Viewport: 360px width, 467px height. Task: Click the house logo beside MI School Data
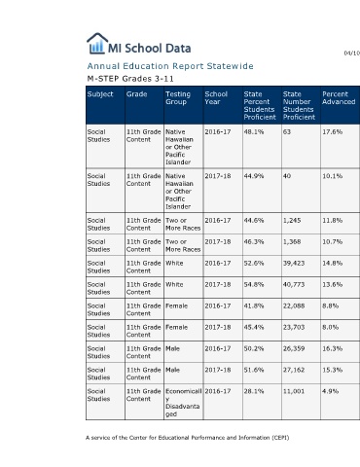[97, 43]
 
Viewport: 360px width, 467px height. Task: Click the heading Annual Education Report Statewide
[170, 66]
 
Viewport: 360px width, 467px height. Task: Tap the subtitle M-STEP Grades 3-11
[130, 79]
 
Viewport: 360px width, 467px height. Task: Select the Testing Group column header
[178, 98]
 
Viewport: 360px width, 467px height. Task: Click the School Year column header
[216, 98]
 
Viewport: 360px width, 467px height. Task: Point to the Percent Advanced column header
[339, 98]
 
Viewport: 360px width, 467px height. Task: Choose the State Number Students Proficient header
[299, 106]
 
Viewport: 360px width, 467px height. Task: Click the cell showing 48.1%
[254, 132]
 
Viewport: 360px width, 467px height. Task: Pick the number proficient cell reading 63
[287, 132]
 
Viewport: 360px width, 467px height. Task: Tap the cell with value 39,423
[294, 263]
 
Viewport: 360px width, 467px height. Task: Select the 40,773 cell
[294, 284]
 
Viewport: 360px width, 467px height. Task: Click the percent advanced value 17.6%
[332, 132]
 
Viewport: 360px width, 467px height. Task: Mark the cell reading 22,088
[294, 305]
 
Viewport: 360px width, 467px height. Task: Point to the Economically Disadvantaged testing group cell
[184, 403]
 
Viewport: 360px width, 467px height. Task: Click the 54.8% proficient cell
[254, 284]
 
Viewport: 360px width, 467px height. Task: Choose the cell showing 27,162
[294, 370]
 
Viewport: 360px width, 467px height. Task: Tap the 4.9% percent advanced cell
[330, 391]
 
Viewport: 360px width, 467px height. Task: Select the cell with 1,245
[292, 221]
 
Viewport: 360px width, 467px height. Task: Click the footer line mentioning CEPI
[188, 438]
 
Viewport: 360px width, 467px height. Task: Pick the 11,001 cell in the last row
[294, 391]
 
